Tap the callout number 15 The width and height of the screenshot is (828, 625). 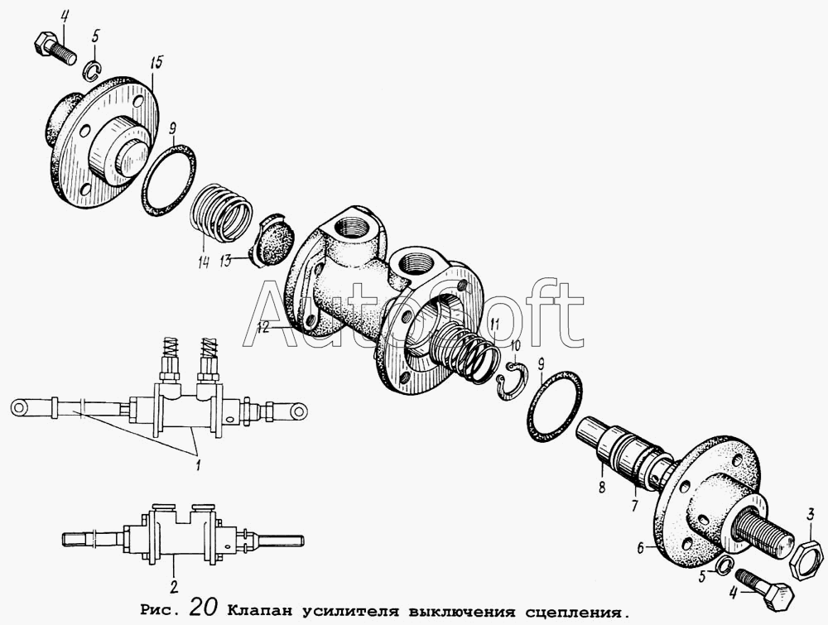pos(156,64)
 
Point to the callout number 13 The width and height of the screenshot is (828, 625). pos(227,261)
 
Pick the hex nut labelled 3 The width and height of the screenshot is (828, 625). pos(806,558)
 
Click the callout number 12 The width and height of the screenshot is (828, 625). pos(264,327)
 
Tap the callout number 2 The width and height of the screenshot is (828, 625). pos(174,587)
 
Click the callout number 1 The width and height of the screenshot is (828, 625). pos(198,466)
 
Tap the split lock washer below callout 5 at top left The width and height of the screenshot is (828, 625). pos(93,70)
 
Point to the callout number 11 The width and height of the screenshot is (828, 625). pos(493,324)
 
